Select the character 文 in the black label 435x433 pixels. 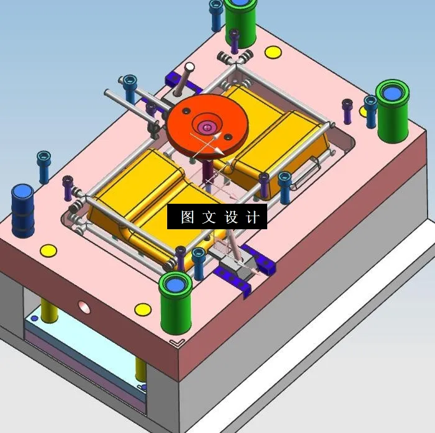(x=209, y=217)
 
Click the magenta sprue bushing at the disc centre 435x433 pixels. (x=206, y=127)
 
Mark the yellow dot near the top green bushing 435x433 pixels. (x=272, y=52)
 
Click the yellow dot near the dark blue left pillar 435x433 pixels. (x=48, y=251)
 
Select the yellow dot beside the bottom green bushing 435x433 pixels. (x=143, y=309)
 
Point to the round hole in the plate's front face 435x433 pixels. (x=83, y=306)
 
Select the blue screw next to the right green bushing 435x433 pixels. (x=370, y=109)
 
